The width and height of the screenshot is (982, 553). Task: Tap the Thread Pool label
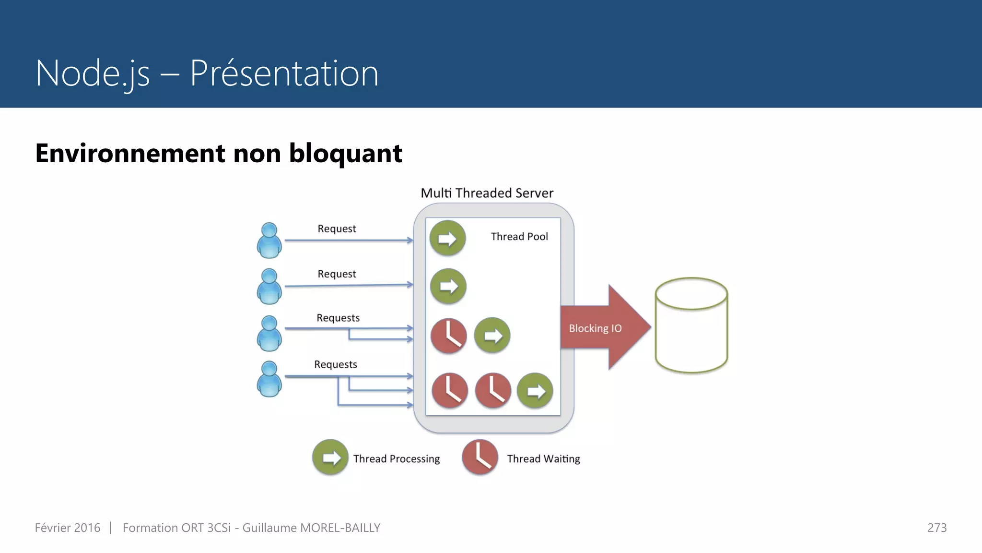[x=519, y=237]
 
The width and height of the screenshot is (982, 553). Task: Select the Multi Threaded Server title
[x=487, y=193]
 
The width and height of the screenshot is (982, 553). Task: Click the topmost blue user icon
[x=269, y=240]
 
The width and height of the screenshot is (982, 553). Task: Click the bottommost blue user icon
[x=269, y=379]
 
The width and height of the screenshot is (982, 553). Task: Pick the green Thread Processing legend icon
[x=330, y=457]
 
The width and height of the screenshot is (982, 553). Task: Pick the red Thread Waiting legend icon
[x=479, y=457]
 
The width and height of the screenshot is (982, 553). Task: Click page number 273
[x=936, y=528]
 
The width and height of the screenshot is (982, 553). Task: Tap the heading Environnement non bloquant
[x=219, y=154]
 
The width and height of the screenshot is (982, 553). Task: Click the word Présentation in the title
[x=284, y=73]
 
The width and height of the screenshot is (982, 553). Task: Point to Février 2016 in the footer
[x=68, y=528]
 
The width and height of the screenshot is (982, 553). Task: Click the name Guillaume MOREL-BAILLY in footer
[x=311, y=528]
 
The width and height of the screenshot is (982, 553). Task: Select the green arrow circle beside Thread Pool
[x=447, y=238]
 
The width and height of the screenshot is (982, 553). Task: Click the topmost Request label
[x=337, y=228]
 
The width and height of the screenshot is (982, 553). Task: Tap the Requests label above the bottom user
[x=335, y=364]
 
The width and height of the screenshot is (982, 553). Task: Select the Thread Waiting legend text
[x=543, y=459]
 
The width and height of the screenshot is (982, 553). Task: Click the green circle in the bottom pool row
[x=535, y=391]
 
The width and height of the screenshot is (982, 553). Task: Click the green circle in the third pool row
[x=492, y=335]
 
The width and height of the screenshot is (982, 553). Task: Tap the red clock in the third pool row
[x=448, y=336]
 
